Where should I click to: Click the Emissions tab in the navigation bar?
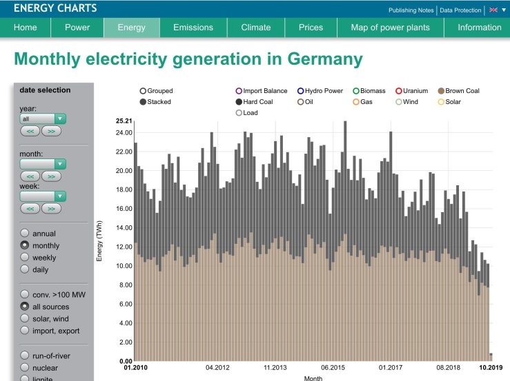coord(193,28)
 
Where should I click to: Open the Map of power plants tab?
coord(390,28)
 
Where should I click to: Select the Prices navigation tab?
coord(311,28)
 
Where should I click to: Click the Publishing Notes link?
coord(411,10)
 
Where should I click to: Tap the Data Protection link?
coord(462,10)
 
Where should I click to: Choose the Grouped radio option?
coord(143,91)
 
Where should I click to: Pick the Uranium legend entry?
coord(399,91)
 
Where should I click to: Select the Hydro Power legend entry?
coord(301,91)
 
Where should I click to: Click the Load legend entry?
coord(239,113)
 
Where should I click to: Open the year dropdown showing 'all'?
coord(43,119)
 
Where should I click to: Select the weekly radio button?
coord(26,257)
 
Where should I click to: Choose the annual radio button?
coord(26,234)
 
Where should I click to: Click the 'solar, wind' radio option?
coord(26,318)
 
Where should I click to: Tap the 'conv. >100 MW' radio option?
coord(26,295)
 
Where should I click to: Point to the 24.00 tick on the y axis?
coord(124,132)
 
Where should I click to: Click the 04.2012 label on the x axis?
coord(217,368)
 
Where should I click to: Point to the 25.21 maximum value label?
coord(124,121)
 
